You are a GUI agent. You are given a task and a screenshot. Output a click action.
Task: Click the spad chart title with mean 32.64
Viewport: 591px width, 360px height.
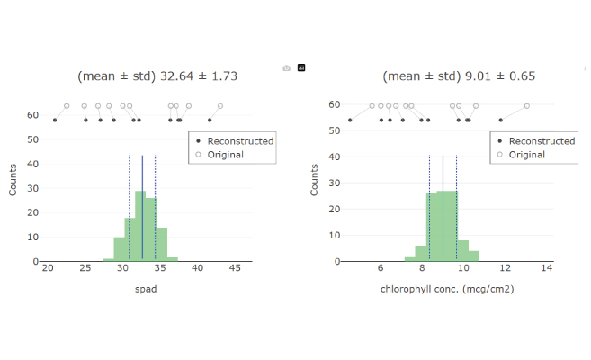157,76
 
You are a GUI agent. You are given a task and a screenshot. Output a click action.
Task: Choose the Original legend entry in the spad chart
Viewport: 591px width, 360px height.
224,155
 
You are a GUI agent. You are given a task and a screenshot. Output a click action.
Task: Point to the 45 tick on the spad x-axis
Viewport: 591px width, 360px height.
233,268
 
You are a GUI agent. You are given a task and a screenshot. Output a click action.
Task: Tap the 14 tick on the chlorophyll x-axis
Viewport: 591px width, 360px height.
546,268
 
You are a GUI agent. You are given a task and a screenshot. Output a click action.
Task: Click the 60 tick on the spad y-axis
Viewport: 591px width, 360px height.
31,115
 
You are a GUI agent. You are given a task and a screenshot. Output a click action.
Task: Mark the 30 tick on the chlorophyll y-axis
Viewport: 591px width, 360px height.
335,183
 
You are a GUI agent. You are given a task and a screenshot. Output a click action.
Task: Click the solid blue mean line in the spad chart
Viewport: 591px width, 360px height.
142,207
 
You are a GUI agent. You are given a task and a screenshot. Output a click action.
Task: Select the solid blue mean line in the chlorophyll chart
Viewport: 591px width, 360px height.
443,207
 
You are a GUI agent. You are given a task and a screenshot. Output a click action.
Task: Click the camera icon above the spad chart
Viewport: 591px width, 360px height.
286,67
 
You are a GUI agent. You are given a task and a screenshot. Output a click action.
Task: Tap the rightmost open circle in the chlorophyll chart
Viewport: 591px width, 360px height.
527,105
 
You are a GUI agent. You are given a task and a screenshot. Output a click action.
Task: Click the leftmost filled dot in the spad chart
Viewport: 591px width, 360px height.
55,120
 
